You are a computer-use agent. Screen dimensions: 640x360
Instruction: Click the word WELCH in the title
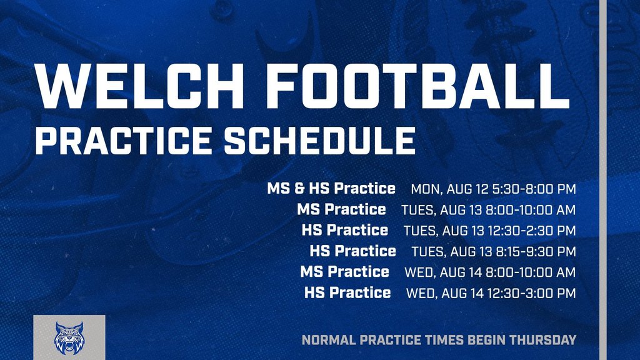[139, 86]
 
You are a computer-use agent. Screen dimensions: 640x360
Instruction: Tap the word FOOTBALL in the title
[419, 86]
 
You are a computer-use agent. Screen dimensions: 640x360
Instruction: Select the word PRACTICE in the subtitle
[123, 141]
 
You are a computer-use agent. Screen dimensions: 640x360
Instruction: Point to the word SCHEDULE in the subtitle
[319, 141]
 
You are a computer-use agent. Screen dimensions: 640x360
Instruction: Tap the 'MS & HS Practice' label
[331, 188]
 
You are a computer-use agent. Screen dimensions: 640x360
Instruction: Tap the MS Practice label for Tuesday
[342, 209]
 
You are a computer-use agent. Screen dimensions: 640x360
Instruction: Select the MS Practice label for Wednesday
[345, 272]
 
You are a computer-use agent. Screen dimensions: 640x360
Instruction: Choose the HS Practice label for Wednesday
[347, 292]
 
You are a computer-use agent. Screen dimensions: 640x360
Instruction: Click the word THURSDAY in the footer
[543, 339]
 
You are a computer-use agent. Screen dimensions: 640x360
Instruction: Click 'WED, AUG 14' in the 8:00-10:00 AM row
[443, 272]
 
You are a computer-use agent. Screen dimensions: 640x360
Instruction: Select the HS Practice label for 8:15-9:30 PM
[353, 251]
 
